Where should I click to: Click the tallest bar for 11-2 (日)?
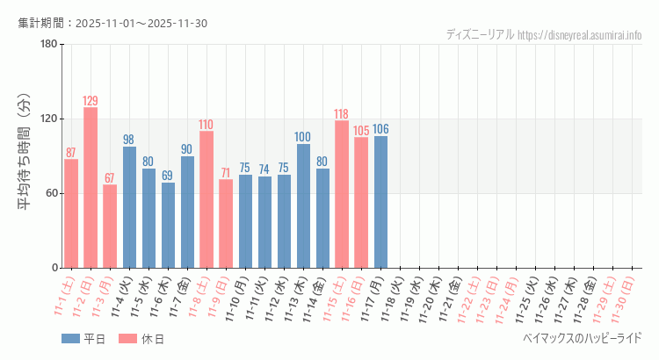click(x=91, y=187)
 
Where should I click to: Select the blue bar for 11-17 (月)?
click(x=380, y=202)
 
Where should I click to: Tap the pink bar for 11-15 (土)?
click(x=342, y=194)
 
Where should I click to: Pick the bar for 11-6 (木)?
click(x=168, y=225)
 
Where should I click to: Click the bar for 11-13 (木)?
click(x=303, y=205)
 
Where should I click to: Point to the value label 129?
click(x=91, y=101)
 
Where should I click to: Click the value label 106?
click(x=380, y=129)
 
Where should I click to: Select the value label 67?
click(x=110, y=178)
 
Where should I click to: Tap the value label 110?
click(x=206, y=125)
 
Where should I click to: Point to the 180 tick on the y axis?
click(x=48, y=45)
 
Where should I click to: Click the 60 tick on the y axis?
click(x=51, y=193)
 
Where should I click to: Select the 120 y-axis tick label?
click(x=48, y=119)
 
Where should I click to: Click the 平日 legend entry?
click(x=84, y=339)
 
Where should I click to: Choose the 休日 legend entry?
click(x=142, y=339)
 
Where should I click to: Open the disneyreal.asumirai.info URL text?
click(x=580, y=35)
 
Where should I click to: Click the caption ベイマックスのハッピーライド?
click(x=582, y=338)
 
